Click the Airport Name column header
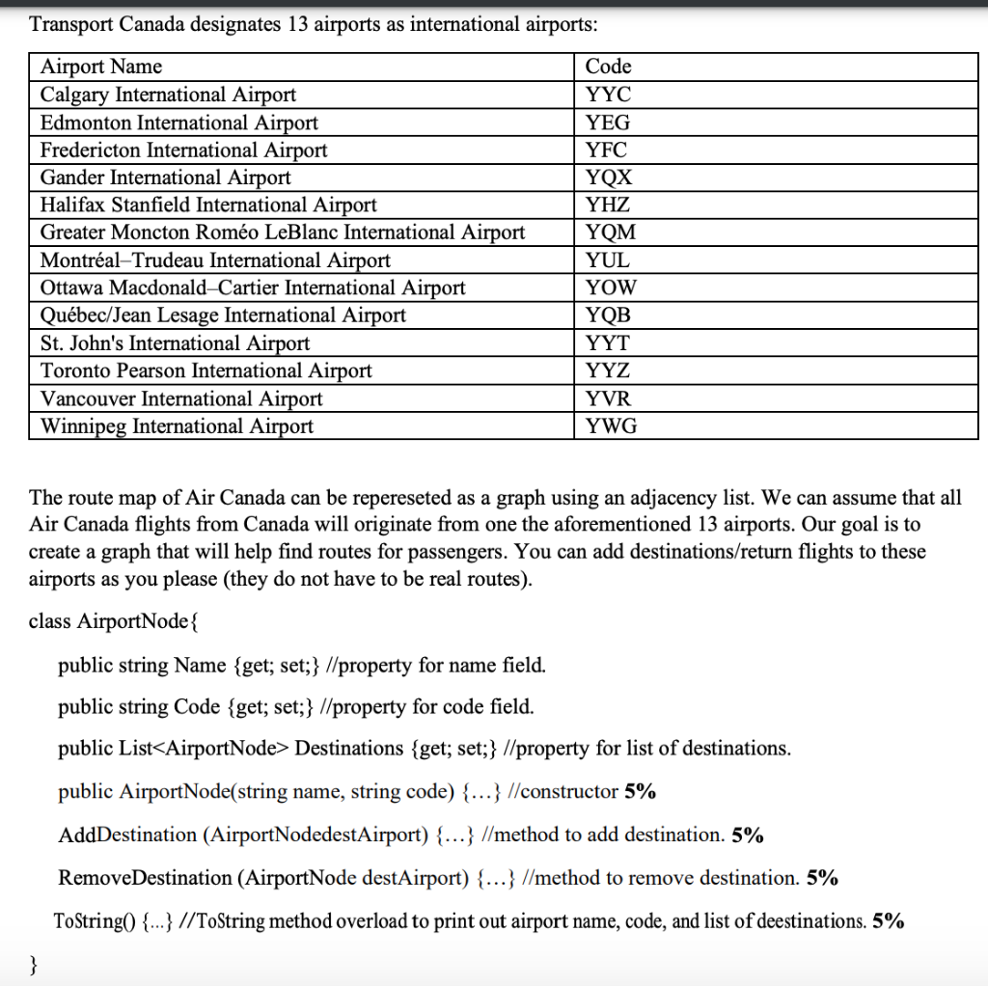point(101,67)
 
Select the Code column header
point(608,67)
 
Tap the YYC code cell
point(608,95)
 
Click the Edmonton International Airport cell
point(179,123)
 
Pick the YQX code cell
point(609,178)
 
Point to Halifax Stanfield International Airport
point(208,205)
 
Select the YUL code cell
point(608,260)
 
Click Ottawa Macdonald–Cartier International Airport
point(253,288)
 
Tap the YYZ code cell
point(608,371)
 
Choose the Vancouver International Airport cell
point(181,399)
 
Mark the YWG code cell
point(611,426)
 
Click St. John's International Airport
point(175,343)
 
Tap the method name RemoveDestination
point(145,878)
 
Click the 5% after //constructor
point(640,792)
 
